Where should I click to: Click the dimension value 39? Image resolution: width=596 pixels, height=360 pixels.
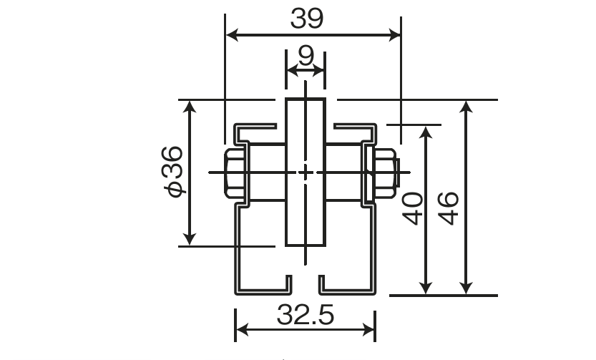click(307, 19)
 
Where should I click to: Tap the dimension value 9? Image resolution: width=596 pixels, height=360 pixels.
click(306, 56)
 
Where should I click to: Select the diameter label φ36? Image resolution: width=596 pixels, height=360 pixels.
click(173, 172)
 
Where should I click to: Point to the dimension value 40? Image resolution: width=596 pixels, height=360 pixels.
click(413, 209)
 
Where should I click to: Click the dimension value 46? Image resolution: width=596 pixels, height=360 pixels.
click(449, 209)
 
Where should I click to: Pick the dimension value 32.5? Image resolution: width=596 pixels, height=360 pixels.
click(306, 315)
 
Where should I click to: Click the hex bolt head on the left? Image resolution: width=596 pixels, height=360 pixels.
click(234, 173)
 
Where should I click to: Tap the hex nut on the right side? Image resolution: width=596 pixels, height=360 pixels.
click(385, 173)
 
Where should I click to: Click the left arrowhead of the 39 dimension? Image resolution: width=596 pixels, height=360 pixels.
click(233, 35)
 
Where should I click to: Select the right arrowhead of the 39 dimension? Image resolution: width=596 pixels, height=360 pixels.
click(394, 35)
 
